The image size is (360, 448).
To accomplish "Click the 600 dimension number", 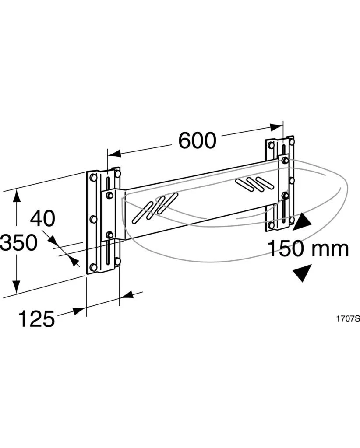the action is [x=198, y=140].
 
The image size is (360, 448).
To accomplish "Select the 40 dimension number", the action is [x=42, y=218].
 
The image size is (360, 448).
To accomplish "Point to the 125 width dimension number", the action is [x=36, y=319].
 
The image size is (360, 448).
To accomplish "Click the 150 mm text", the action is [x=308, y=248].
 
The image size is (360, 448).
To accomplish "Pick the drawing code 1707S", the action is [x=348, y=319].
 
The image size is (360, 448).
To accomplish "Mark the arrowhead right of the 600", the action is [x=276, y=127].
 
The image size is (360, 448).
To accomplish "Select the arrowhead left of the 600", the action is [x=113, y=153].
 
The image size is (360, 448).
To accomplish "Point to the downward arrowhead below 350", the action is [x=17, y=286].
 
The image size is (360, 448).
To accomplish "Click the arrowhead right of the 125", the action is [x=126, y=294].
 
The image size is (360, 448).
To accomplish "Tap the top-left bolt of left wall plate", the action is [x=93, y=178].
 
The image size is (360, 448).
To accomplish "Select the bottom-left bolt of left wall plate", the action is [x=93, y=267].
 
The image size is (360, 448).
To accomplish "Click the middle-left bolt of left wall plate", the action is [x=93, y=220].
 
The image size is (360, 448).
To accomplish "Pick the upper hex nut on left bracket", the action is [x=109, y=195].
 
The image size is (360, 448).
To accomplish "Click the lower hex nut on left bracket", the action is [x=109, y=235].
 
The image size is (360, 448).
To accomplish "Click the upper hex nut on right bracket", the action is [x=285, y=160].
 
